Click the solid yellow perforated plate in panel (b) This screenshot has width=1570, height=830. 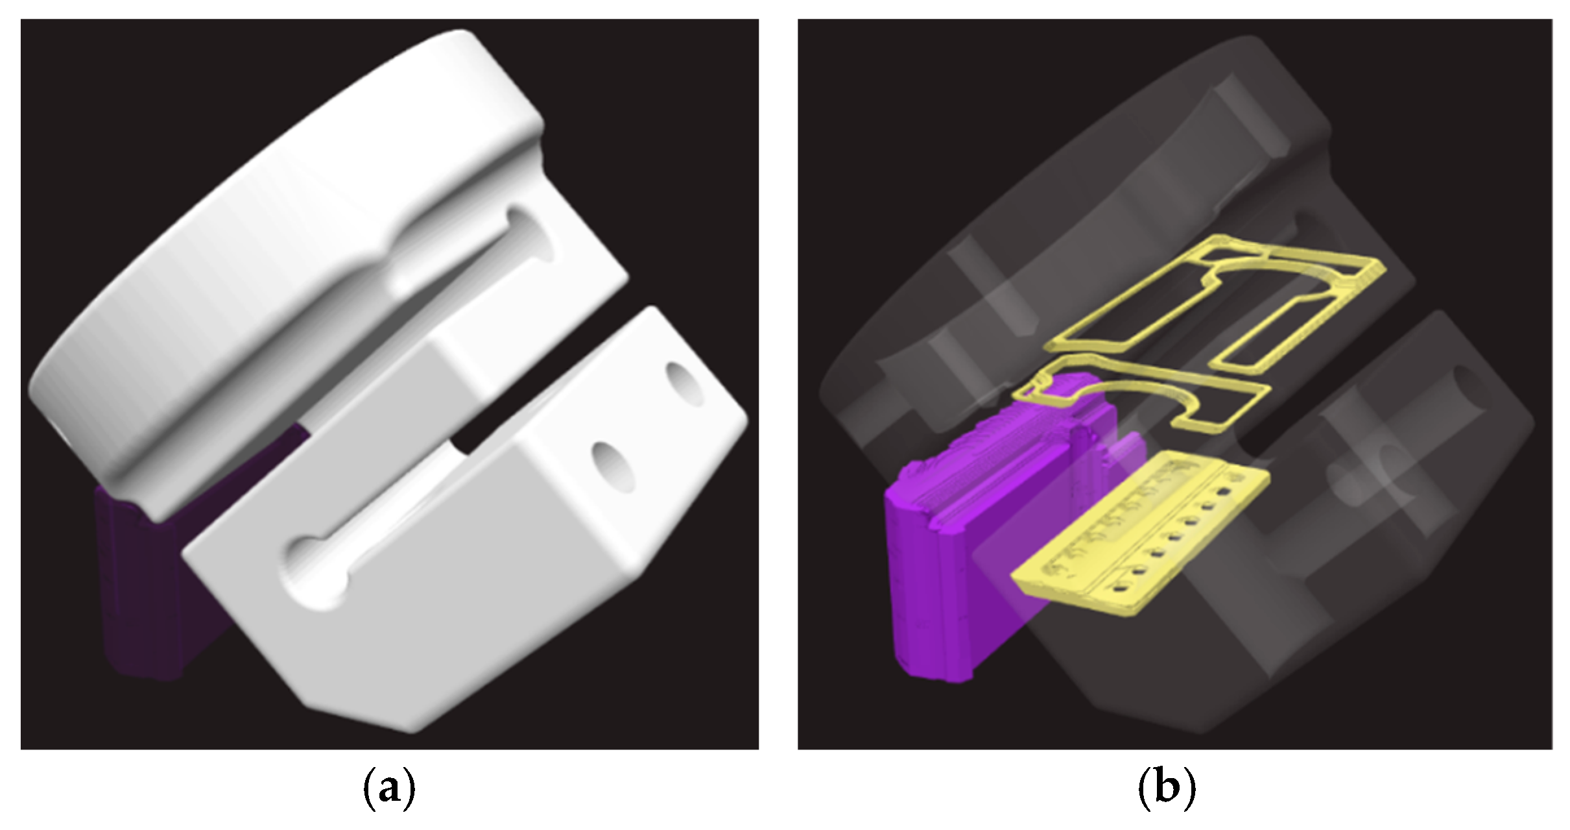tap(1141, 532)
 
